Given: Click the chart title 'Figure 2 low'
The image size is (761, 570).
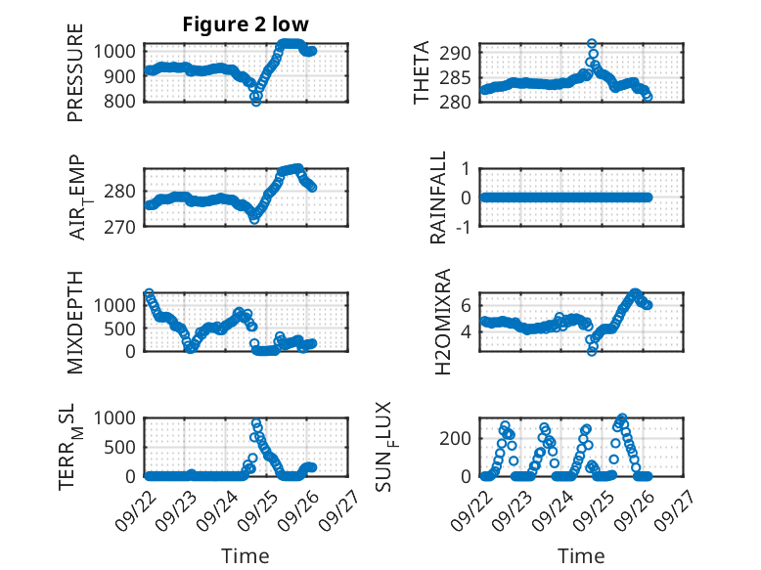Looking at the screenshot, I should point(246,24).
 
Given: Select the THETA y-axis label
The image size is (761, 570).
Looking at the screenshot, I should point(422,72).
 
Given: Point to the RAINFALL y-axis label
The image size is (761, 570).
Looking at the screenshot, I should point(439,197).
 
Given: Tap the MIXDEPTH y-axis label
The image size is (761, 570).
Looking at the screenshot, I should point(76,322).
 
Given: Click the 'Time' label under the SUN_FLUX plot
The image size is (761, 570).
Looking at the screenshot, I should point(581,556).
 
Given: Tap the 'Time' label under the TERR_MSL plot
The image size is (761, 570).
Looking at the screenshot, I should point(246,556).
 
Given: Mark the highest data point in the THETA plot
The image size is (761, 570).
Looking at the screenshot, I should point(592,44).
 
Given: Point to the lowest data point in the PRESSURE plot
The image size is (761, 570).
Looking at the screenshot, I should point(256,101).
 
